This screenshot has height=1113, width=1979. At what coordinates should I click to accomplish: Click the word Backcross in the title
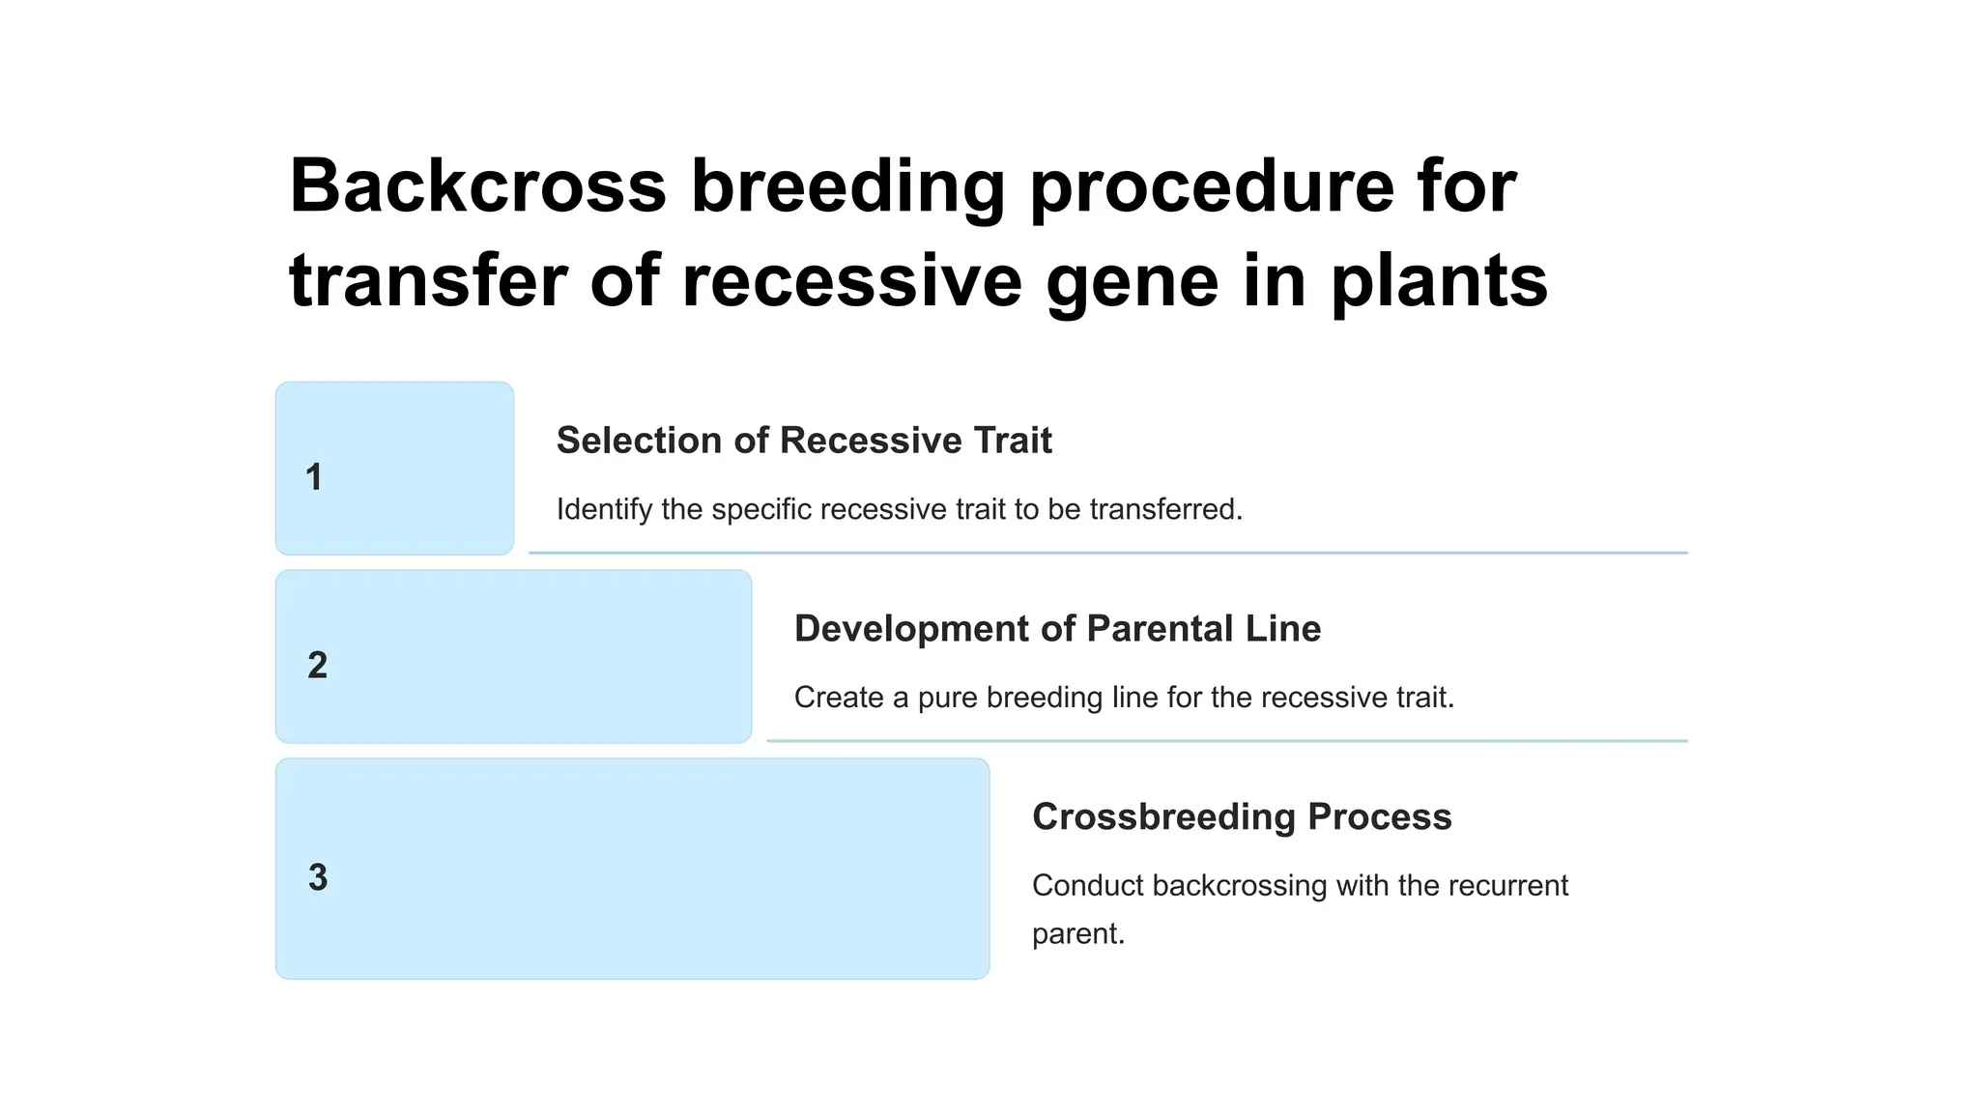(x=477, y=185)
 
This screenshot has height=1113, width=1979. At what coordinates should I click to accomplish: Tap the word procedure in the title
(x=1212, y=185)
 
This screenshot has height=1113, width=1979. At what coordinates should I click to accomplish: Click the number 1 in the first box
(x=314, y=477)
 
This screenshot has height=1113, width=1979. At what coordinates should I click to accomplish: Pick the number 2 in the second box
(x=317, y=665)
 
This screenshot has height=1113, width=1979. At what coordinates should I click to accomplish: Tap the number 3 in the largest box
(x=317, y=877)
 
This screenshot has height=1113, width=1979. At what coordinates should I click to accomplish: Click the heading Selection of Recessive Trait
(x=803, y=441)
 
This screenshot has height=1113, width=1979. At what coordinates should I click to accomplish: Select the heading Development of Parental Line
(x=1056, y=629)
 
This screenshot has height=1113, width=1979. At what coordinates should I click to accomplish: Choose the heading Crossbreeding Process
(x=1241, y=817)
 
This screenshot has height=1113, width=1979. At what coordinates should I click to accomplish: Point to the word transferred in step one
(x=1165, y=509)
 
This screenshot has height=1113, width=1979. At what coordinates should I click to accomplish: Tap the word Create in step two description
(x=839, y=698)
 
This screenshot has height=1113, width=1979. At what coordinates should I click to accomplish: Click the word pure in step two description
(x=947, y=698)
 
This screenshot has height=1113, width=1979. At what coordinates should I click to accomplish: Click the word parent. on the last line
(x=1077, y=934)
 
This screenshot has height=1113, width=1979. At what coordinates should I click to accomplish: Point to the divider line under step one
(x=1107, y=553)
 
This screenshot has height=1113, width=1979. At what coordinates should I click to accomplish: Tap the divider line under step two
(x=1226, y=741)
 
